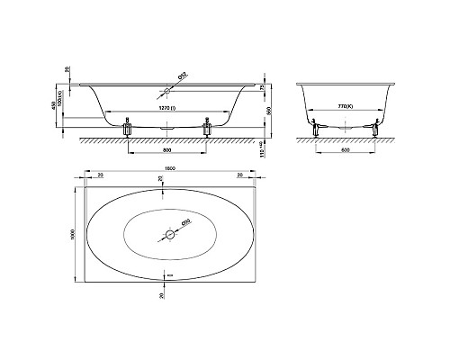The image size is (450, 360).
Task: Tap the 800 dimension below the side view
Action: (x=169, y=149)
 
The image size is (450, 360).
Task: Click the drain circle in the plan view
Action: (x=168, y=234)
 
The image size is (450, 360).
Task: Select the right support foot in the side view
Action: (x=209, y=130)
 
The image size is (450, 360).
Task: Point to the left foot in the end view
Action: (x=316, y=130)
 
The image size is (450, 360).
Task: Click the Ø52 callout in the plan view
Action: (x=185, y=221)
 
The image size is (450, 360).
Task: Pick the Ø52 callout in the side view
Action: (x=181, y=78)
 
